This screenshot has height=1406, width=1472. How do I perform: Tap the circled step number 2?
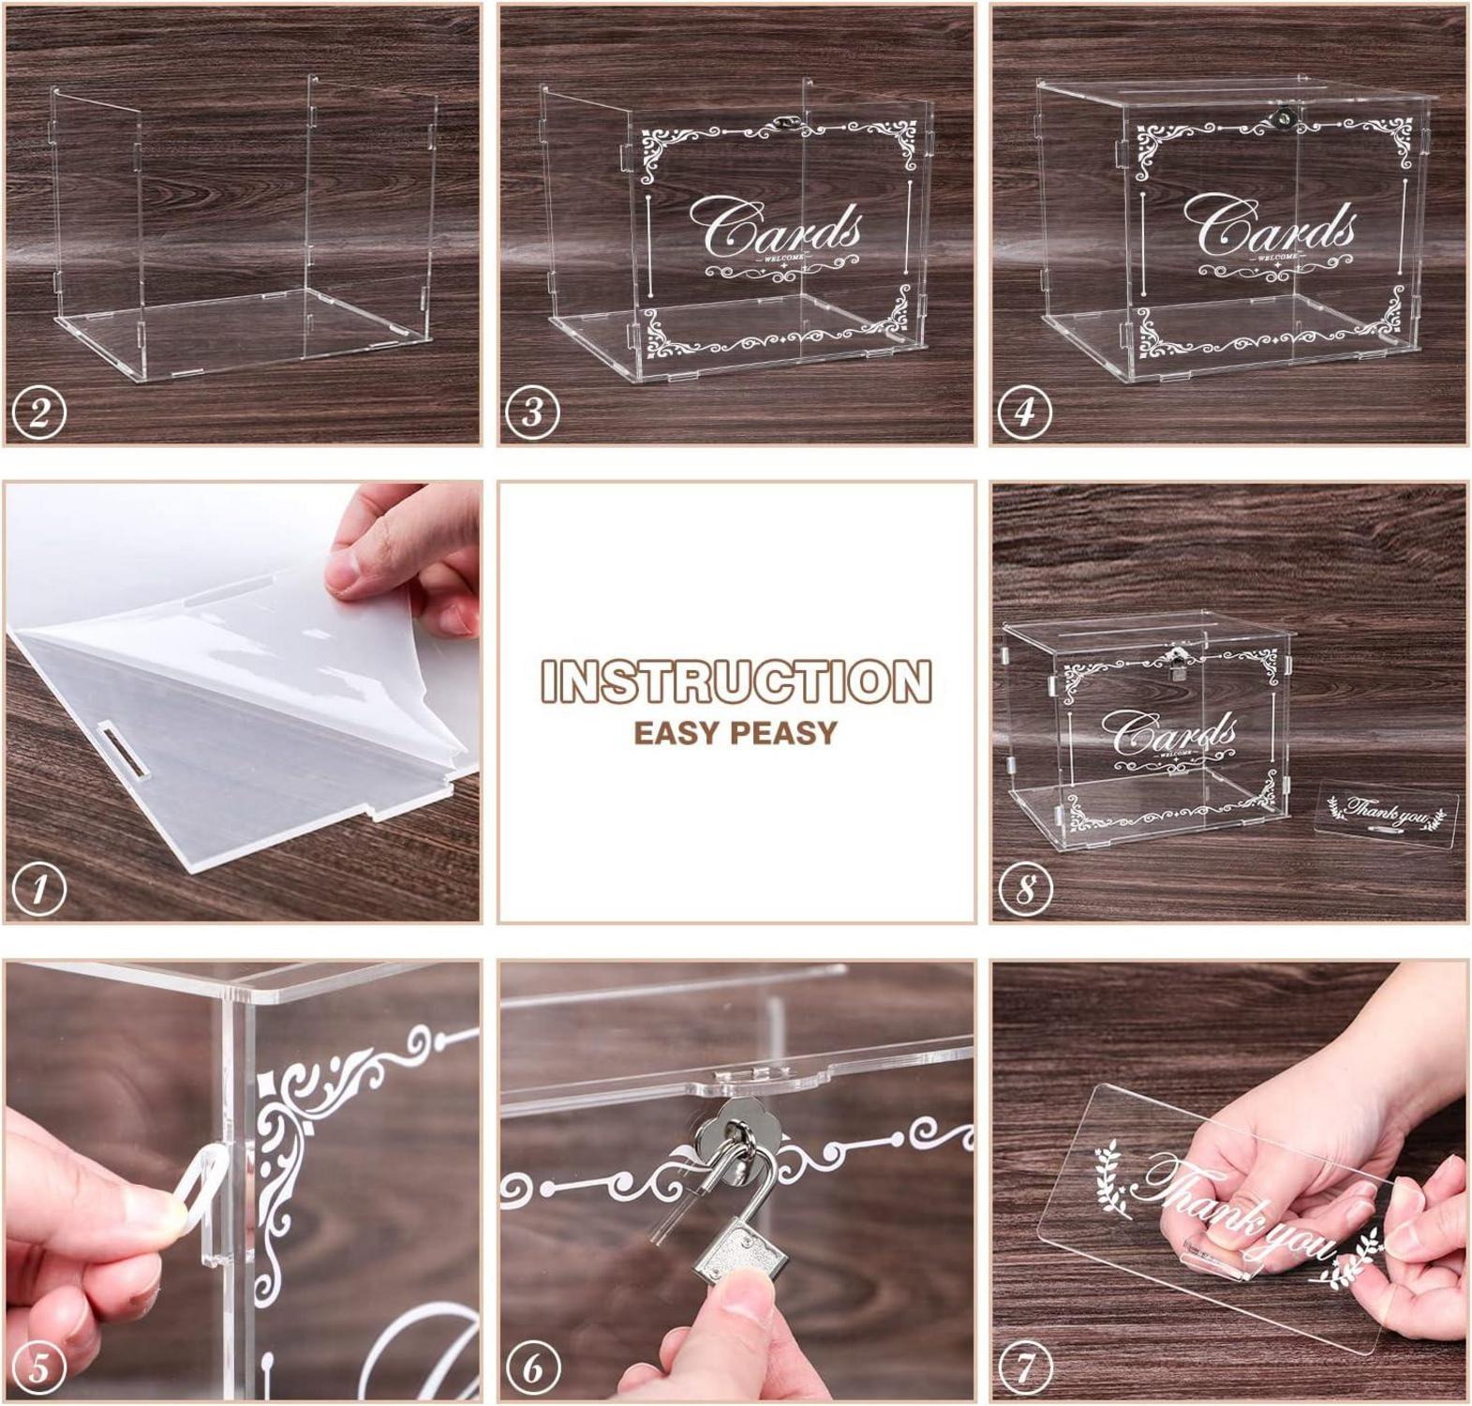[x=39, y=411]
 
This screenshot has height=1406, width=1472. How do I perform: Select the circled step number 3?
[x=532, y=411]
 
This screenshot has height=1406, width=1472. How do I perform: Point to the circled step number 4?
[x=1025, y=411]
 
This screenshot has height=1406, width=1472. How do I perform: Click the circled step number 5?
[x=39, y=1368]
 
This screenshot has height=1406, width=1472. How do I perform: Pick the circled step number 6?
[x=532, y=1368]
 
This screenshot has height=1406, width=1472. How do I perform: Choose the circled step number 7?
[x=1025, y=1368]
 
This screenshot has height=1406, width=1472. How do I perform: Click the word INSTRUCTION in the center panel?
[x=736, y=681]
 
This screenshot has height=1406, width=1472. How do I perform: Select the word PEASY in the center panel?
[x=785, y=733]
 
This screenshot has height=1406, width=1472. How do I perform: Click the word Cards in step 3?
[x=776, y=230]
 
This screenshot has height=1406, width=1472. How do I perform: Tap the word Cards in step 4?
[x=1270, y=230]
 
